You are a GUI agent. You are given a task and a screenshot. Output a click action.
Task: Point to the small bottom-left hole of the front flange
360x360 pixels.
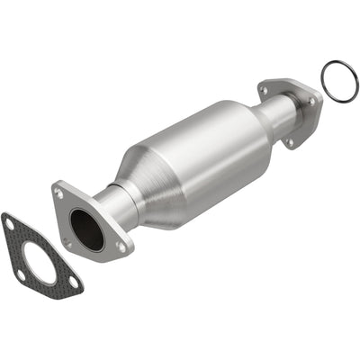coord(67,241)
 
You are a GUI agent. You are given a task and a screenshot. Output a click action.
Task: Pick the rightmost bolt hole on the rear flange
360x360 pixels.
coord(313,102)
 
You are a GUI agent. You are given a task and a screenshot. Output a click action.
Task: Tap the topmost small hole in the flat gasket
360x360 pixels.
coord(10,221)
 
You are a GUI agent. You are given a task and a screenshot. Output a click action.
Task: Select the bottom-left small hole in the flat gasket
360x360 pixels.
coord(17,270)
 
